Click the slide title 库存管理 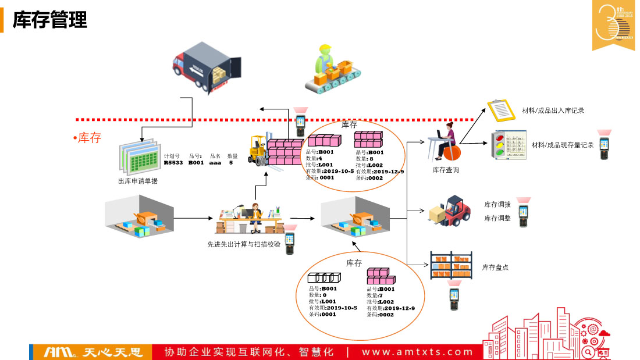coord(50,20)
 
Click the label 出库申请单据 coord(137,181)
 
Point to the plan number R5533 coord(173,163)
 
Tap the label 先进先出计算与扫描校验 coord(244,244)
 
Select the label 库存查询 coord(446,170)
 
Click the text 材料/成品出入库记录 coord(553,111)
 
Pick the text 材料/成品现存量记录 coord(562,145)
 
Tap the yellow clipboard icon coord(500,109)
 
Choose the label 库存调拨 coord(497,204)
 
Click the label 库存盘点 coord(495,268)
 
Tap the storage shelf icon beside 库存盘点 coord(451,265)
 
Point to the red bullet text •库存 coord(87,138)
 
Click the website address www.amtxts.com coord(418,352)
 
